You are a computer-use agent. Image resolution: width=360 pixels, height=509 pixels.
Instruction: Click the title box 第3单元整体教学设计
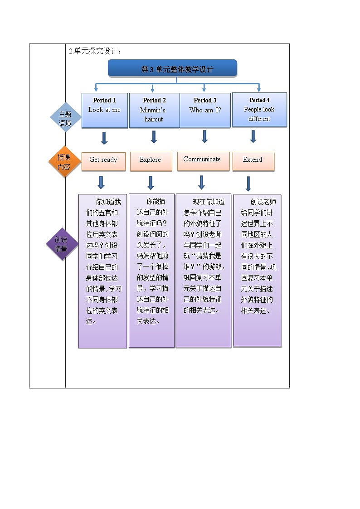pos(172,69)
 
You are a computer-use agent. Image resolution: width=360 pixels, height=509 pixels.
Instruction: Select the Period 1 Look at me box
pos(104,110)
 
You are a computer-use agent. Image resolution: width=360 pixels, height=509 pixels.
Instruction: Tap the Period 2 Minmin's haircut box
pos(154,110)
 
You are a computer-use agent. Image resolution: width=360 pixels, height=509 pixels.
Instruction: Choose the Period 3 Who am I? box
pos(205,110)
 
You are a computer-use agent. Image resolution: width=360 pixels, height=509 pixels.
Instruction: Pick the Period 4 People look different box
pos(259,109)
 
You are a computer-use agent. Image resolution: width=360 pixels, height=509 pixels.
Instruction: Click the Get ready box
pos(103,161)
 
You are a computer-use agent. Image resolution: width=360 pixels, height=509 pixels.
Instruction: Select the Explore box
pos(151,161)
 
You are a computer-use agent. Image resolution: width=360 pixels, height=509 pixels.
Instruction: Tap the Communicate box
pos(203,160)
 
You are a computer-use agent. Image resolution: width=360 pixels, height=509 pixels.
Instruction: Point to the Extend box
pos(253,161)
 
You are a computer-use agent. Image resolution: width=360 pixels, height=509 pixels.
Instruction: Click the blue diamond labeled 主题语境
pos(65,118)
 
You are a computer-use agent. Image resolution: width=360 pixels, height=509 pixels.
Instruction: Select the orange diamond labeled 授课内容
pos(64,162)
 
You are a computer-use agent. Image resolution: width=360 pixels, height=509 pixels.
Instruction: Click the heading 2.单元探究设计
pos(95,51)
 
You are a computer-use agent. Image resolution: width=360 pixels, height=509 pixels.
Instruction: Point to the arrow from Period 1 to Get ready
pos(104,138)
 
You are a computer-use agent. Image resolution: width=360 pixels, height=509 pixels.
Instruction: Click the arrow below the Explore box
pos(151,182)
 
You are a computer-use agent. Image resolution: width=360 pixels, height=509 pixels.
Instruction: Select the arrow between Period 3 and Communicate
pos(204,136)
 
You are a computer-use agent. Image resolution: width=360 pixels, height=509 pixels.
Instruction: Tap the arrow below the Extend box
pos(248,184)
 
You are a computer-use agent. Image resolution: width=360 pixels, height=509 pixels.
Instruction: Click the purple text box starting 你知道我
pos(102,271)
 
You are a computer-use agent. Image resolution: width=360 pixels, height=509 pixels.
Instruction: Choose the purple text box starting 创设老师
pos(257,270)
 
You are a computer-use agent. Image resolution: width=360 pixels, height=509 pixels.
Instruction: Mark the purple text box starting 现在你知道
pos(203,270)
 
